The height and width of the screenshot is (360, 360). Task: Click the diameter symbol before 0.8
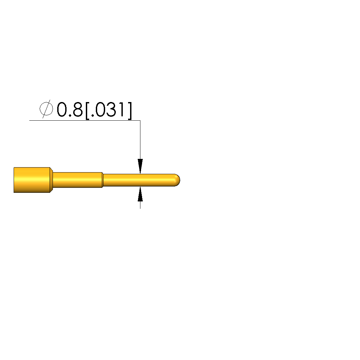tap(46, 109)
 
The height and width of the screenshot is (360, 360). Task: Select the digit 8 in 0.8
tap(78, 109)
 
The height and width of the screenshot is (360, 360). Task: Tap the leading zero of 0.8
tap(62, 109)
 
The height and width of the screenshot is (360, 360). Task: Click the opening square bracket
tap(87, 111)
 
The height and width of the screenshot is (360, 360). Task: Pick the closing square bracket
tap(130, 111)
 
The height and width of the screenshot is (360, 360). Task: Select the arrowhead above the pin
tap(140, 166)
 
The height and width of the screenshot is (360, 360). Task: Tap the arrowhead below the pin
tap(140, 194)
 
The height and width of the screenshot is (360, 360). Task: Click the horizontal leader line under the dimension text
tap(85, 120)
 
